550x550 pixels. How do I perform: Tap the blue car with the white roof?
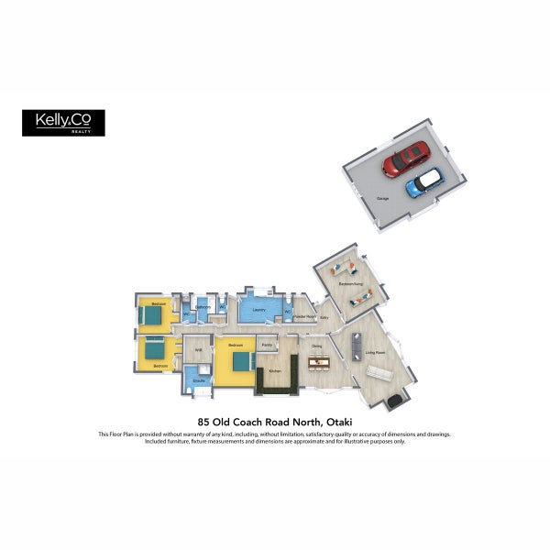[x=425, y=182]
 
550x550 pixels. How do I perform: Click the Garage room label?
[x=381, y=198]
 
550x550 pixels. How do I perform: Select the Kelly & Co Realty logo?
[x=63, y=123]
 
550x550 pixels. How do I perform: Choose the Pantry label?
[x=267, y=345]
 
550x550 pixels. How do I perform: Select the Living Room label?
[x=375, y=352]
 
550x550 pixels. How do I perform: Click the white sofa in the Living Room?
[x=379, y=373]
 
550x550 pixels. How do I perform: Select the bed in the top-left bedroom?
[x=150, y=316]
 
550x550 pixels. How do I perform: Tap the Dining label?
[x=316, y=346]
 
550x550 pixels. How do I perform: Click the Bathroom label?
[x=203, y=307]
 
